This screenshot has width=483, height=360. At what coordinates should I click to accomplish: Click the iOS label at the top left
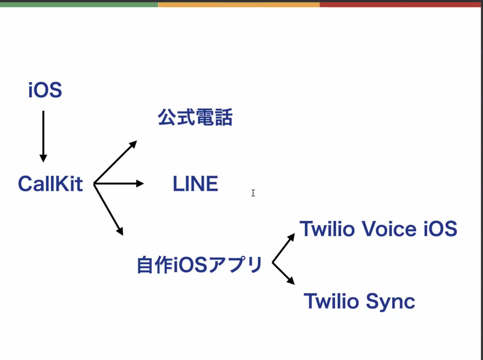pos(45,91)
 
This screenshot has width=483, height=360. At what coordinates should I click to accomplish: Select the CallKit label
pos(50,184)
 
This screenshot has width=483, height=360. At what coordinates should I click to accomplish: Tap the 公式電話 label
pos(195,118)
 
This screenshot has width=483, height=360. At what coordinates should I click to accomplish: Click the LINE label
pos(195,184)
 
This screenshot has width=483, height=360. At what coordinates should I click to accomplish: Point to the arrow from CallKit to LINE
pos(119,184)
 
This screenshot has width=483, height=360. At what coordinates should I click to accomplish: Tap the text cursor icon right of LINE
pos(253,193)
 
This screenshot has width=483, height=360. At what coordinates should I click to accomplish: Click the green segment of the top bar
pos(79,4)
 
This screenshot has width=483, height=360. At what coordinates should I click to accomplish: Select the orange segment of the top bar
pos(239,4)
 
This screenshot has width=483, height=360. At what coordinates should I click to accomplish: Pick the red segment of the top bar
pos(401,4)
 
